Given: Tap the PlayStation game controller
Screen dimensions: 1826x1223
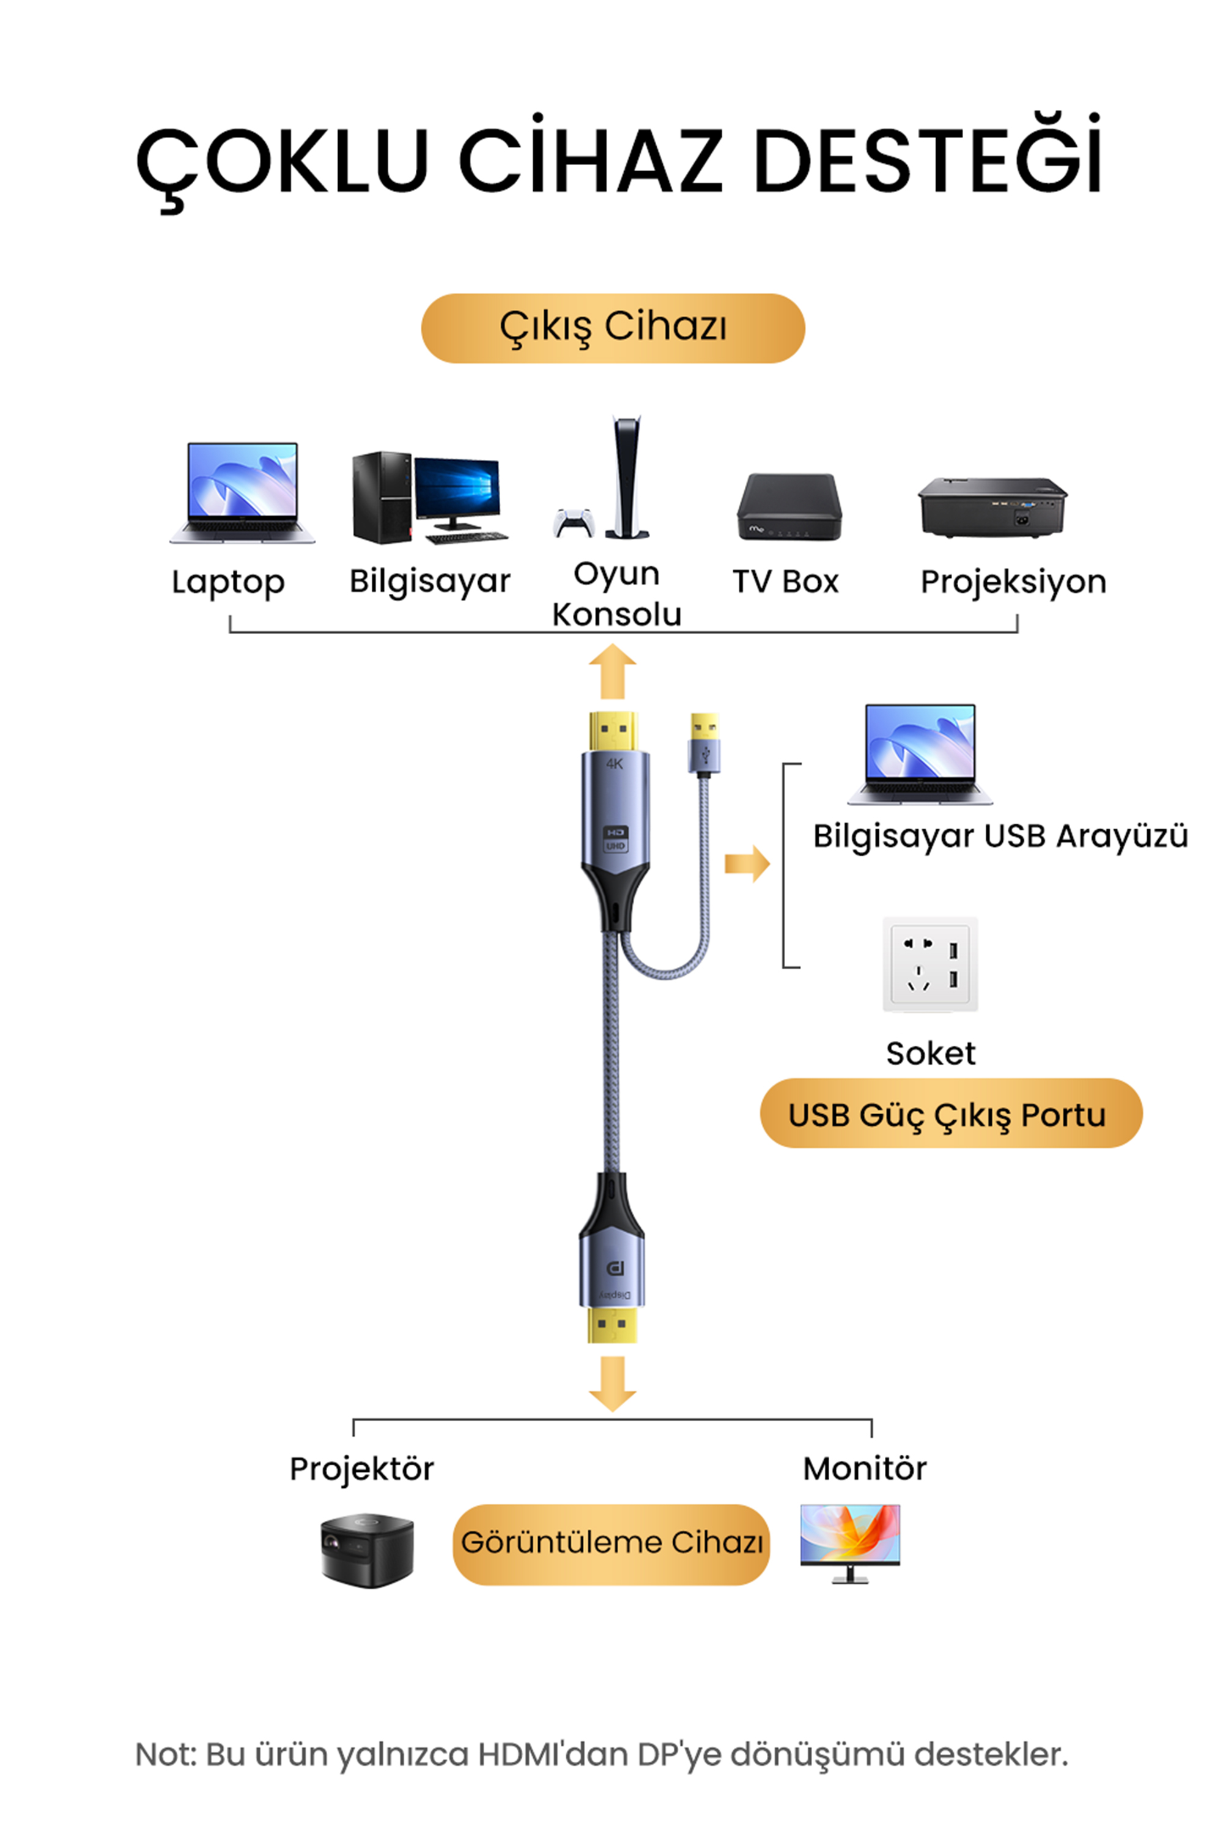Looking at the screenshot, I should [x=574, y=523].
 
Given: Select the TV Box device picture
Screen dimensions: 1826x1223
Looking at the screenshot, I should [x=789, y=507].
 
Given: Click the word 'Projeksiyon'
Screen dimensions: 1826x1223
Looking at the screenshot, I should [x=1013, y=582].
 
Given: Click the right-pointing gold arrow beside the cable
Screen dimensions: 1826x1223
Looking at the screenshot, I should [x=747, y=863].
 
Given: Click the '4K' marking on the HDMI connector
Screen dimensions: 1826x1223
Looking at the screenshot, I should [x=615, y=764].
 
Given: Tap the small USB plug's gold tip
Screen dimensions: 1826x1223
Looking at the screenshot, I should [x=704, y=727].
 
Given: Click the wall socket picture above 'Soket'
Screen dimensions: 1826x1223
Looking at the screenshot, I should [x=929, y=964].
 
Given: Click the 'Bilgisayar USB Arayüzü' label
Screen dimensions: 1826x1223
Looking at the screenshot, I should [x=1000, y=836].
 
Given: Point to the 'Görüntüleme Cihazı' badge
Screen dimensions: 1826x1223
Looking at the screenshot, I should [x=611, y=1543].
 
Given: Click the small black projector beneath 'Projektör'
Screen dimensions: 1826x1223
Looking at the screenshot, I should [x=366, y=1549].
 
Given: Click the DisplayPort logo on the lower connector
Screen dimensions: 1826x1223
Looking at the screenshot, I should [x=615, y=1269].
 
